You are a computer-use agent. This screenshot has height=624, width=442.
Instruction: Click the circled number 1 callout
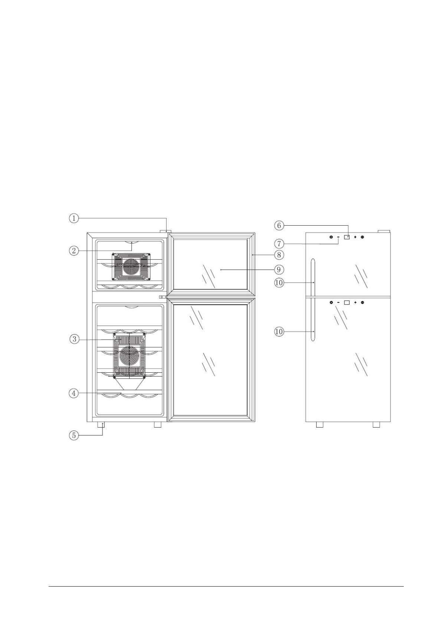pos(73,218)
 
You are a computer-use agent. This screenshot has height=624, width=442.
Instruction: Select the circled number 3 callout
pos(73,339)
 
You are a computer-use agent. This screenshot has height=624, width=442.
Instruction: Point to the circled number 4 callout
pos(73,393)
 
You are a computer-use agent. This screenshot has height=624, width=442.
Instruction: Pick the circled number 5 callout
pos(73,435)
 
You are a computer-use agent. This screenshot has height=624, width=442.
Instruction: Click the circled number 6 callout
pos(279,225)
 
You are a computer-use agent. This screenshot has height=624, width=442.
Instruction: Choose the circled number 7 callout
pos(279,244)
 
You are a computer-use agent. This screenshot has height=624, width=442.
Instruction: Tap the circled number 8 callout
pos(279,255)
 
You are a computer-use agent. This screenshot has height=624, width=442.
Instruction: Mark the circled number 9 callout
pos(279,269)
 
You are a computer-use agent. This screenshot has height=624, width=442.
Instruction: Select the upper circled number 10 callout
pos(279,282)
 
